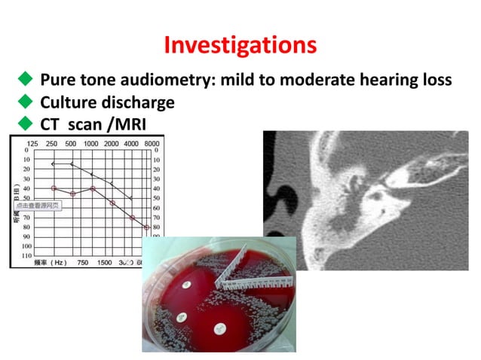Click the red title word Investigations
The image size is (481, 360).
tap(240, 44)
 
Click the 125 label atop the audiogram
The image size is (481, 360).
tap(33, 143)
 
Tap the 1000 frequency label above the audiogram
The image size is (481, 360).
tap(91, 143)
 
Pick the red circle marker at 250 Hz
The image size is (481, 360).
tap(53, 188)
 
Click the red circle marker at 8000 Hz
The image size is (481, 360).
tap(146, 227)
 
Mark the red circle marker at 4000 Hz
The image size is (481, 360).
tap(131, 218)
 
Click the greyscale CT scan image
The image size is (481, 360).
tap(365, 200)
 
